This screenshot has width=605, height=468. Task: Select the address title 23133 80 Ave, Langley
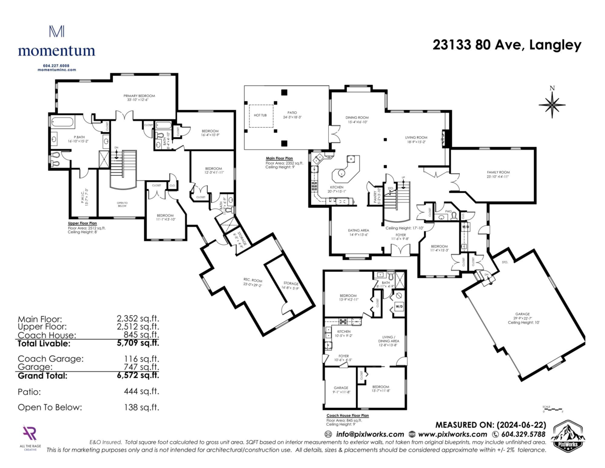tap(507, 45)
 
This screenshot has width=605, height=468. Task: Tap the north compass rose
tap(552, 103)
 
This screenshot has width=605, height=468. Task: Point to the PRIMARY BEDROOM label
tap(139, 96)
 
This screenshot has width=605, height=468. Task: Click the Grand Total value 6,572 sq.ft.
tap(138, 376)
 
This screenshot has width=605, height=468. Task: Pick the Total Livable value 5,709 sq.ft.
tap(138, 343)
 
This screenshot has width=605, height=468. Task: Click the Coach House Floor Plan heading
tap(347, 415)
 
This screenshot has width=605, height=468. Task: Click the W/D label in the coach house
tap(399, 306)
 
